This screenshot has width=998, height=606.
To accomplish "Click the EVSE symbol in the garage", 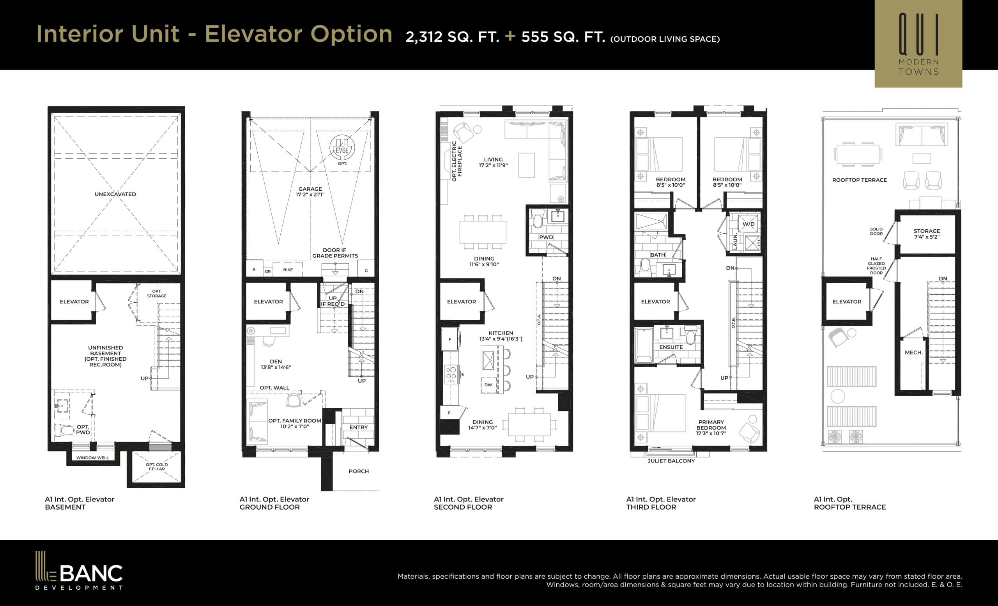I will click(x=342, y=148).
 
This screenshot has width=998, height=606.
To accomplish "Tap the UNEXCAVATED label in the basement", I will click(x=115, y=194).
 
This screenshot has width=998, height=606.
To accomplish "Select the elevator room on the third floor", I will click(x=655, y=301).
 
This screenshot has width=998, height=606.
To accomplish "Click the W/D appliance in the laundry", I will click(x=748, y=224).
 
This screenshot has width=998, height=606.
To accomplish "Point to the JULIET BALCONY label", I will click(x=671, y=461).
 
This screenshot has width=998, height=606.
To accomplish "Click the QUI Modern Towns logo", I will click(x=918, y=44).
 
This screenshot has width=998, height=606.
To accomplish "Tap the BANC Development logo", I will click(x=79, y=571).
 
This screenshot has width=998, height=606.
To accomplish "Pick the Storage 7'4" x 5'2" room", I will click(x=926, y=234).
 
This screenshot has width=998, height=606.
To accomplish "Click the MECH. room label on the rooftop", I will click(x=913, y=353).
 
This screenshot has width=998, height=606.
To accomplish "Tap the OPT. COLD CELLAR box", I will click(x=156, y=467).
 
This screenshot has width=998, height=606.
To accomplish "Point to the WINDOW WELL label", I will click(x=92, y=458).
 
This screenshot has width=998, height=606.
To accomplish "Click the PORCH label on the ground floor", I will click(x=358, y=471).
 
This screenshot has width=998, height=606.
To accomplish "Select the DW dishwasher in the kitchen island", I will click(x=488, y=385).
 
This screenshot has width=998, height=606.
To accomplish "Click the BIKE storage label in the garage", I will click(x=288, y=270).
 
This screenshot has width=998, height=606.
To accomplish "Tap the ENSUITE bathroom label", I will click(x=671, y=347).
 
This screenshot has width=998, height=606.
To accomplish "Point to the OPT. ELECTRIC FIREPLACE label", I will click(x=457, y=161).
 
